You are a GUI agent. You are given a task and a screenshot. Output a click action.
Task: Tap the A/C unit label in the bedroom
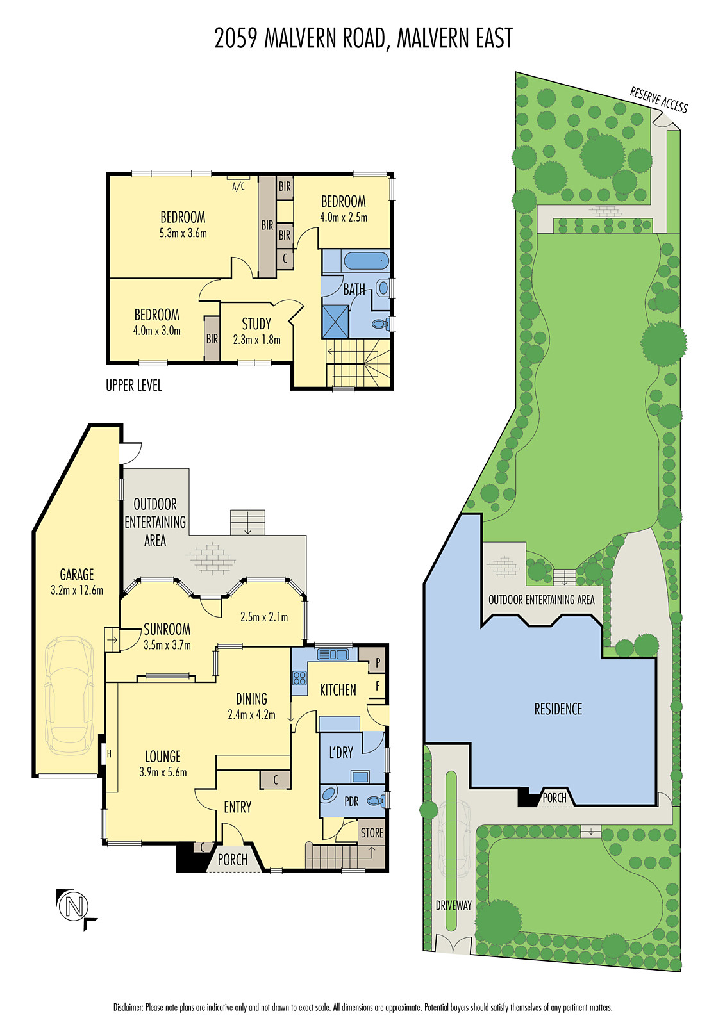238,186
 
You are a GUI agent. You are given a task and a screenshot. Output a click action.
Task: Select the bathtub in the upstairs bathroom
366,261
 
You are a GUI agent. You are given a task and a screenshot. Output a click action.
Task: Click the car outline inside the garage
69,696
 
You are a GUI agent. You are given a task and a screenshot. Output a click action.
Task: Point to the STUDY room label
256,324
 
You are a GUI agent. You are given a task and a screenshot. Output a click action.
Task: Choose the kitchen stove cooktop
299,678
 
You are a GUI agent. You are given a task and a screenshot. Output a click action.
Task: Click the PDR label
351,801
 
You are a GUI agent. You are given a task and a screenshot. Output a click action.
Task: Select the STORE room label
372,833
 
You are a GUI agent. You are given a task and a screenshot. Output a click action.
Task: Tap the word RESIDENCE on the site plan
558,709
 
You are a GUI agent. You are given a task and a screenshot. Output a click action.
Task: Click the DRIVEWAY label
453,905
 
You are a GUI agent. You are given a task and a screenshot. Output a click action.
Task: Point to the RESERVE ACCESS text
658,100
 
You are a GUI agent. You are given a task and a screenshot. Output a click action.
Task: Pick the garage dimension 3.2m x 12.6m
77,590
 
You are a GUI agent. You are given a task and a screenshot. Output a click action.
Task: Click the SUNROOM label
167,629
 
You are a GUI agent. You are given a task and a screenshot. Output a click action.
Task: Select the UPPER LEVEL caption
134,385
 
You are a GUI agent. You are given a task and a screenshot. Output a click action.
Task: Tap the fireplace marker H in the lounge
109,754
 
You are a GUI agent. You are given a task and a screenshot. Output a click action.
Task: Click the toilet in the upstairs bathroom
380,324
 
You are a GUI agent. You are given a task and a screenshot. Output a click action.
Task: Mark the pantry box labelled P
378,662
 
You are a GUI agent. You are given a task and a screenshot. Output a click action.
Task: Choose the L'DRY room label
340,753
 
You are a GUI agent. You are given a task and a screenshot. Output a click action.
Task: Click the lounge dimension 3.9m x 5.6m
163,773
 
